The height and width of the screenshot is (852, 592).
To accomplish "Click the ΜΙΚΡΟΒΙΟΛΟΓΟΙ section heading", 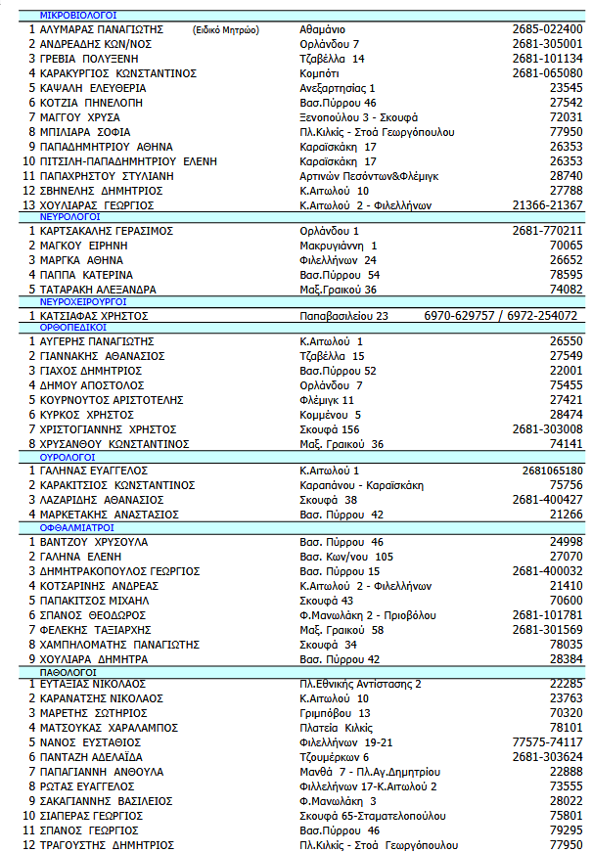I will [77, 16].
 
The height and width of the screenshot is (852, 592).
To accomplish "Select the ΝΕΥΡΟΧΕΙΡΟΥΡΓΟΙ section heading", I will [85, 302].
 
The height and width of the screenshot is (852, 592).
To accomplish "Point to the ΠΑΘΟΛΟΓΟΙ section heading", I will [68, 673].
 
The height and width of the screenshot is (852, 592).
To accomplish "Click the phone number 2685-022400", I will [547, 29].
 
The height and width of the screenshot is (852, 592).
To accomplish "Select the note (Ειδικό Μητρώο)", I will [226, 30].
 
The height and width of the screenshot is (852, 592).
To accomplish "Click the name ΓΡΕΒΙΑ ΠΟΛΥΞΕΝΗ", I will [89, 59].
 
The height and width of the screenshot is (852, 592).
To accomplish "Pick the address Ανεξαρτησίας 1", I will [337, 88].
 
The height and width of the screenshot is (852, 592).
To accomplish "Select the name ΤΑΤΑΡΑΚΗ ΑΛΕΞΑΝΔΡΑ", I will [98, 290].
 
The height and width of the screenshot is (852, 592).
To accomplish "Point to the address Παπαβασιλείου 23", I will [343, 316].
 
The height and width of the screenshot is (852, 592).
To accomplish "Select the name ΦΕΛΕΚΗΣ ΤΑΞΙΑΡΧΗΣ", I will [95, 630].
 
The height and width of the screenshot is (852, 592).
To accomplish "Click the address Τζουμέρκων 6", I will [334, 757].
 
